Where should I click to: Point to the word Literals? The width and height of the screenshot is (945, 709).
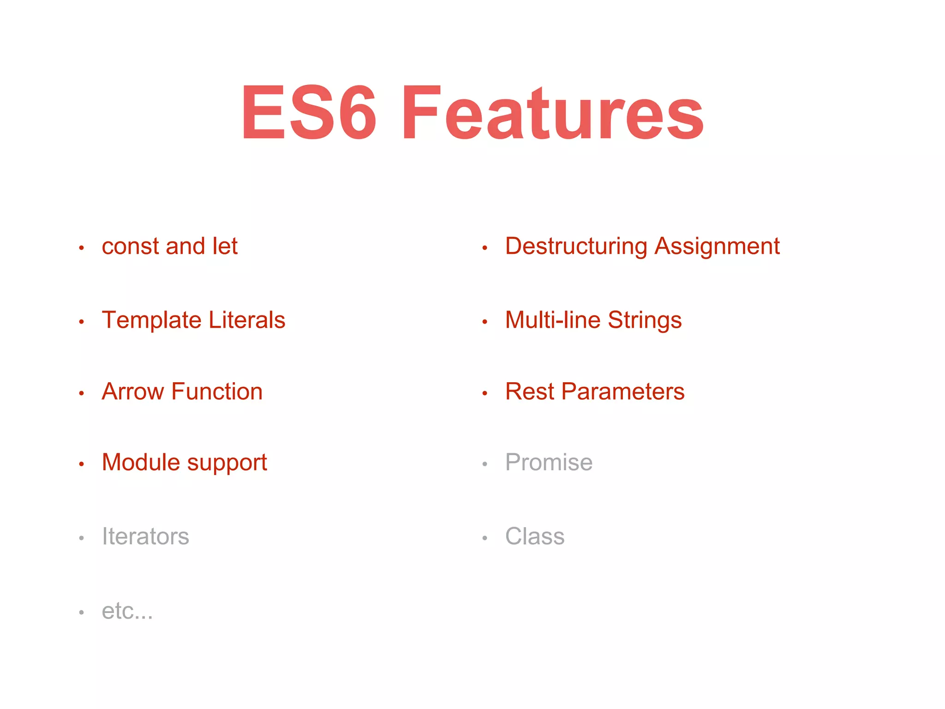tap(247, 320)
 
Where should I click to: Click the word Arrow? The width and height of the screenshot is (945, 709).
tap(132, 391)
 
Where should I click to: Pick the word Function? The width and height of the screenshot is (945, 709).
tap(217, 391)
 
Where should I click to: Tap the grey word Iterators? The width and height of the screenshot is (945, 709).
tap(145, 536)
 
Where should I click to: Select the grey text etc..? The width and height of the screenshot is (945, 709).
tap(127, 611)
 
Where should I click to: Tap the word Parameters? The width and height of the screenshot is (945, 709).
tap(623, 391)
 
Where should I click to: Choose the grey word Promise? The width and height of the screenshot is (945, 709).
tap(549, 462)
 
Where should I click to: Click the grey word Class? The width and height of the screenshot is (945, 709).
tap(535, 536)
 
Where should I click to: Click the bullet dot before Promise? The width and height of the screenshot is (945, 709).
tap(484, 464)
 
